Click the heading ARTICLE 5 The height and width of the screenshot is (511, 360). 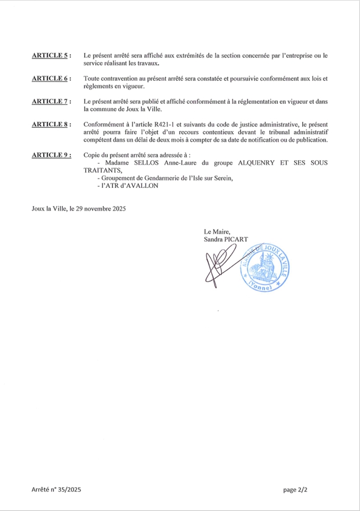pos(51,56)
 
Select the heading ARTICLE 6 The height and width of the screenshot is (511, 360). pos(51,78)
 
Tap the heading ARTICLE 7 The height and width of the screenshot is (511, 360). pos(51,101)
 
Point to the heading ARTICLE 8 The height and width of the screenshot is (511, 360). pos(51,124)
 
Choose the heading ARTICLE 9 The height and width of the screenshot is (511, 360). pos(51,154)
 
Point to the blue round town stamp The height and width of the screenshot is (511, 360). pos(263,266)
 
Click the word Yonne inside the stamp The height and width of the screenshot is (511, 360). pos(263,287)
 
